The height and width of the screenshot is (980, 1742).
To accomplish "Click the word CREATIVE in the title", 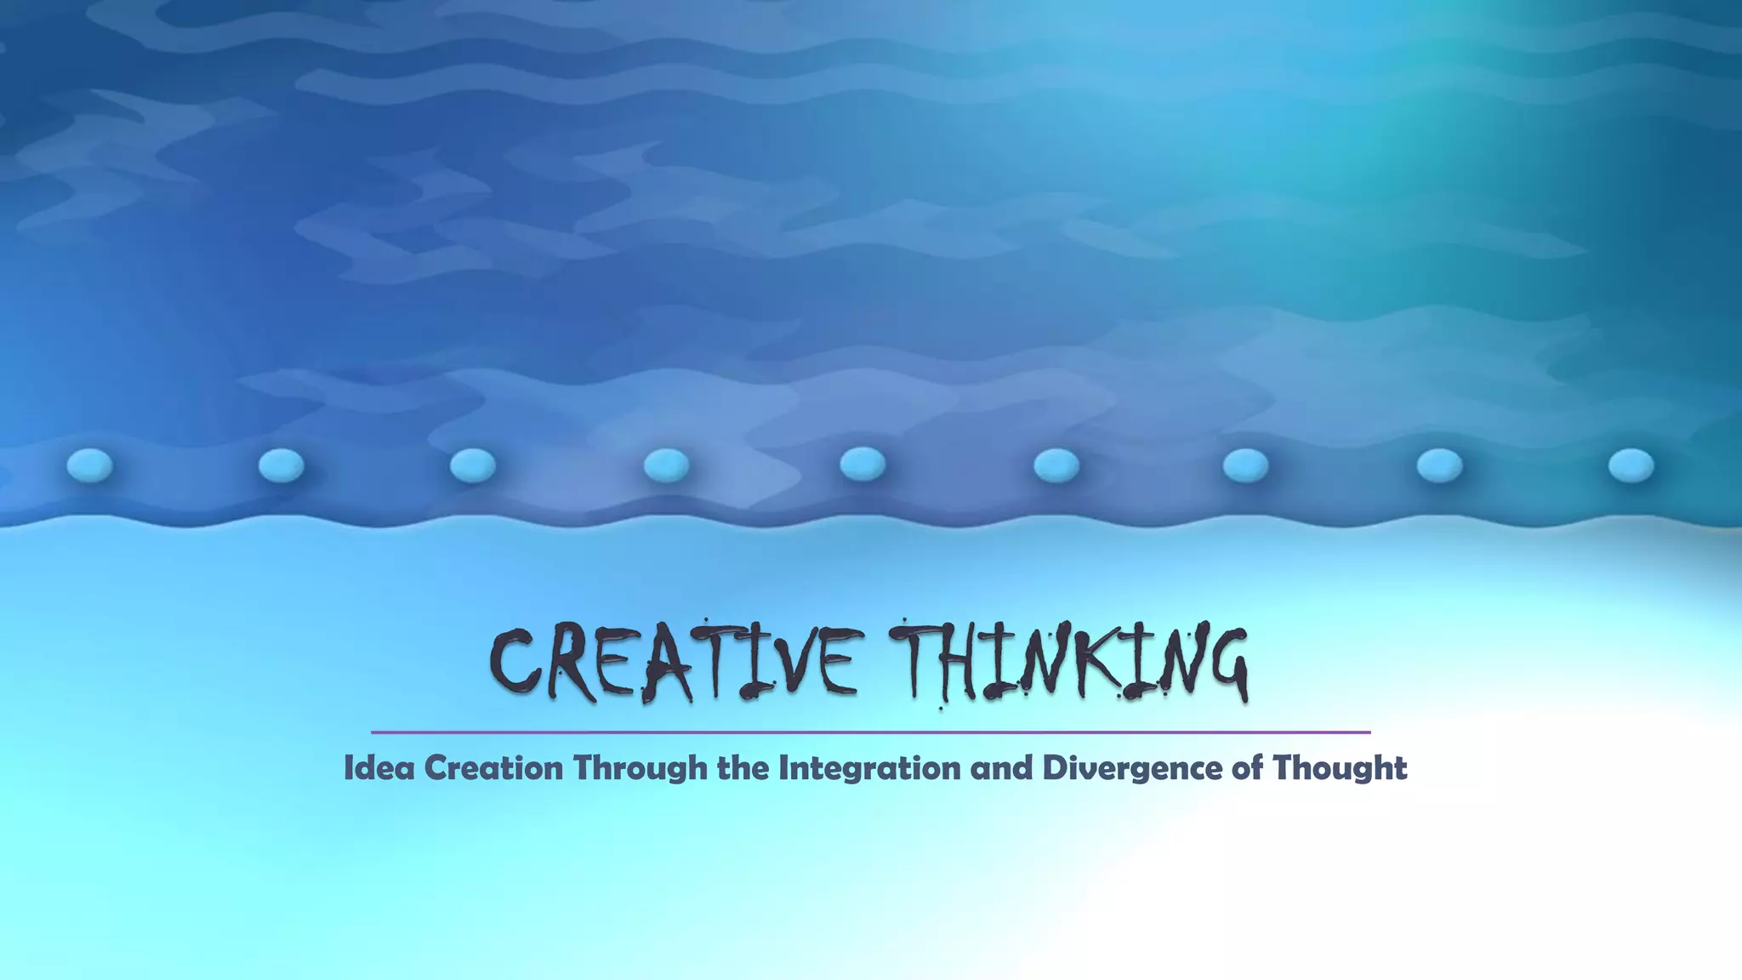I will coord(672,662).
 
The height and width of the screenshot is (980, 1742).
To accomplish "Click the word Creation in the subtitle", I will coord(493,768).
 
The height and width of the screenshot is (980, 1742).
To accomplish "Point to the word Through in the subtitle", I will coord(640,768).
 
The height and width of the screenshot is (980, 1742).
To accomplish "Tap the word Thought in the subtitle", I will coord(1339,768).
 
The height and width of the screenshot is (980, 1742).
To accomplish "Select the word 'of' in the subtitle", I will coord(1246,768).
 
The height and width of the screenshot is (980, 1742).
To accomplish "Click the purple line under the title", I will coord(870,732).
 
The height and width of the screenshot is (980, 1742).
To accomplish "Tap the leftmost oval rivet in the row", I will coord(89,465).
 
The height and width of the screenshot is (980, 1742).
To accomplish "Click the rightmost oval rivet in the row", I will coord(1631,465).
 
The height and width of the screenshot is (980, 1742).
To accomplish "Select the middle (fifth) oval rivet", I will coord(862,464).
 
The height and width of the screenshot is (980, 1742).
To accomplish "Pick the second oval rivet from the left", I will coord(281,465).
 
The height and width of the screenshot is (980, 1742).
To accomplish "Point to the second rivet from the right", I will coord(1439,465).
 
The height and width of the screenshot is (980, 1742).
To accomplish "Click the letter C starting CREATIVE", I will coord(515,662).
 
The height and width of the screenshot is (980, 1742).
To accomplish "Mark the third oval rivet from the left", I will coord(472,465).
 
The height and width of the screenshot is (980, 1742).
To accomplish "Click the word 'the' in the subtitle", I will coord(742,768).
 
